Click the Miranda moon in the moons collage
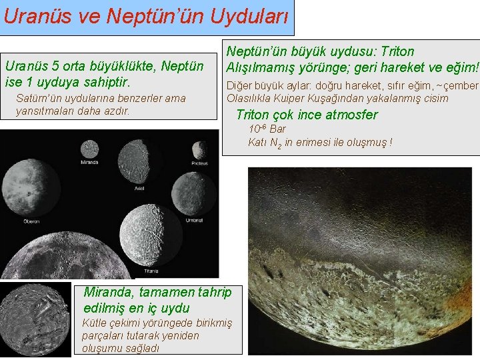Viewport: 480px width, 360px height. tap(89, 149)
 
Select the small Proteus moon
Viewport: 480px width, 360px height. tap(200, 149)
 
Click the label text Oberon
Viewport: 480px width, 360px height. tap(31, 221)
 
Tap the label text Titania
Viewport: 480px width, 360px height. tap(151, 271)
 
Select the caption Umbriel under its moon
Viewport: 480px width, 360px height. tap(194, 220)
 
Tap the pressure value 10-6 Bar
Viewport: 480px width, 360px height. tap(267, 129)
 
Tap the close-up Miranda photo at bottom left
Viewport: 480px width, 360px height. tap(35, 320)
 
